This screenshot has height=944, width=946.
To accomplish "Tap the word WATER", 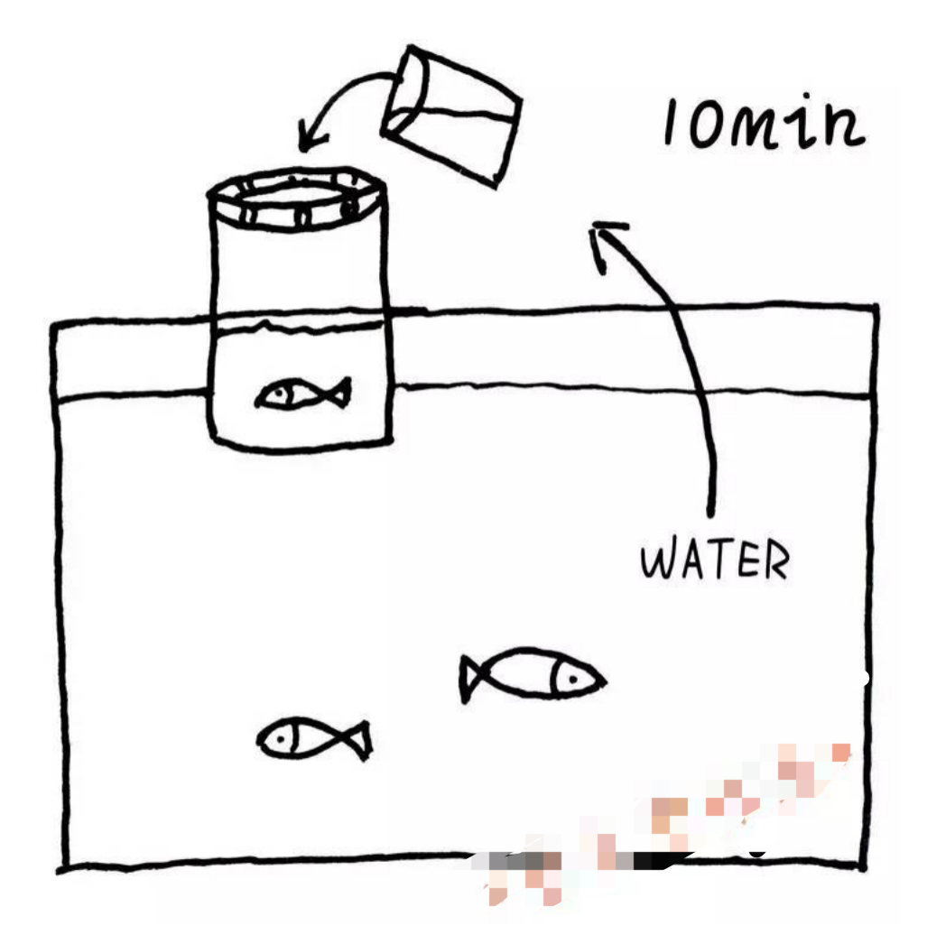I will coord(714,561).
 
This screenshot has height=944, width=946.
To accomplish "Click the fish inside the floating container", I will coord(303,393).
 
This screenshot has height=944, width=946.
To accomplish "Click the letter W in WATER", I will coord(657,561).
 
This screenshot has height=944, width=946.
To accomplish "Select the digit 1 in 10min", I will coord(672,124).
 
